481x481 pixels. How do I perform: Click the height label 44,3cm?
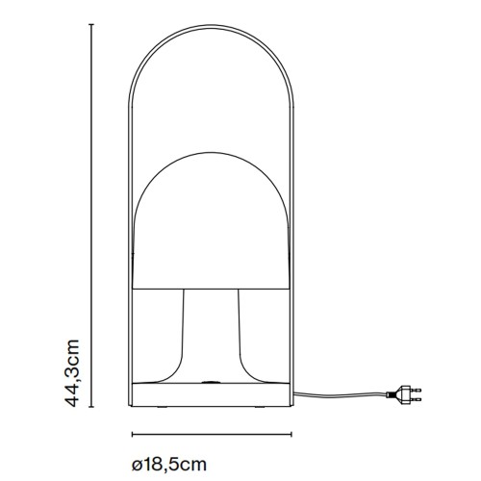(72, 373)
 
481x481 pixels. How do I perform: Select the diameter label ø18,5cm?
(169, 465)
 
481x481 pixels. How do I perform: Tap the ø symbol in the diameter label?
(137, 465)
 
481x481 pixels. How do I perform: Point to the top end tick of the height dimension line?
(91, 24)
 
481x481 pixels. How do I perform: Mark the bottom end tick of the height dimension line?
(91, 407)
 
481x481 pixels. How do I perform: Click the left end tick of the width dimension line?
(132, 435)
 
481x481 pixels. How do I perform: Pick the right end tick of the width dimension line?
(291, 435)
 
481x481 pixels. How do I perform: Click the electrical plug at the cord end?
(404, 393)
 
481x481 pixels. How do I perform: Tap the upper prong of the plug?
(416, 390)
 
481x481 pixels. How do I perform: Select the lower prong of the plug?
(416, 399)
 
